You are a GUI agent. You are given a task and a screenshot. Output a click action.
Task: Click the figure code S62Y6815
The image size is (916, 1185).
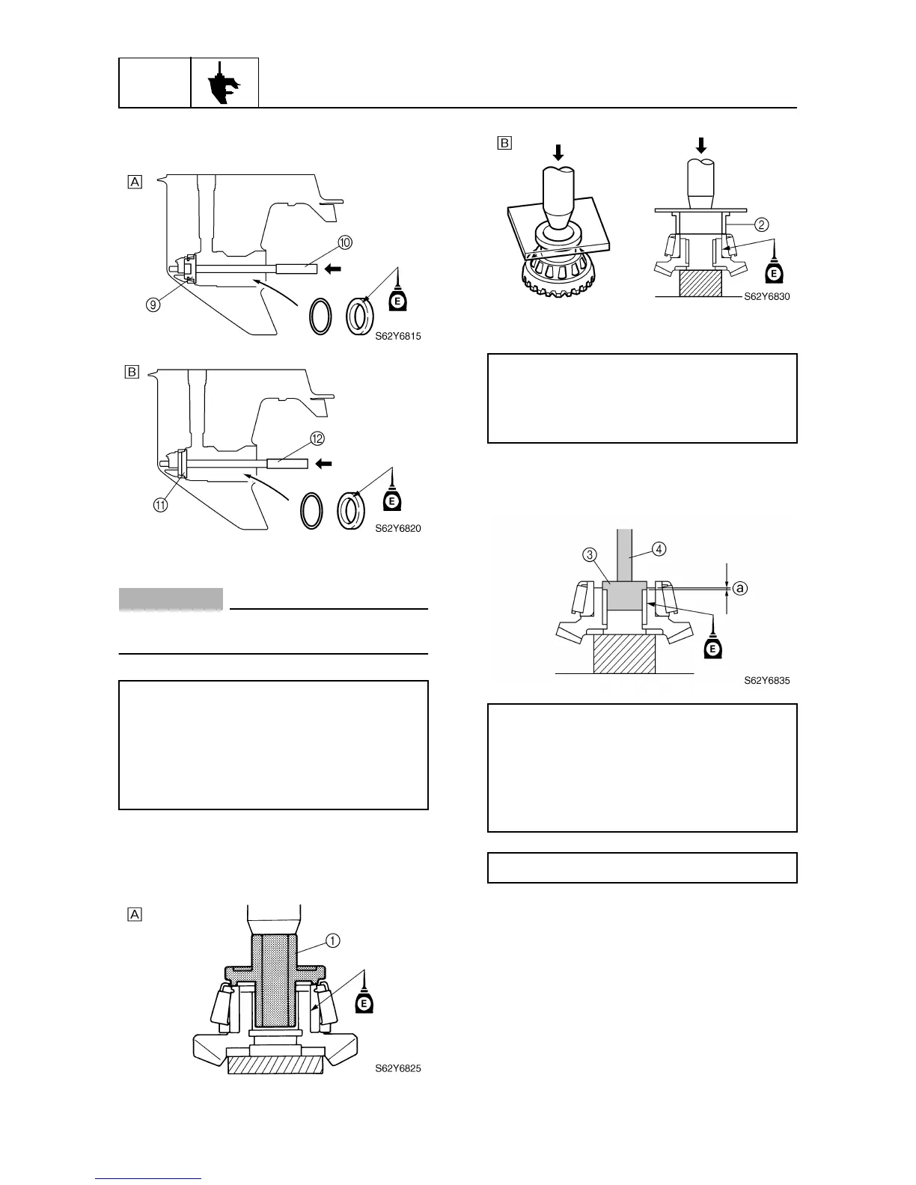(x=398, y=337)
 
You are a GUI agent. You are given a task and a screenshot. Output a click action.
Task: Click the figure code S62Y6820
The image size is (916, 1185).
(x=398, y=528)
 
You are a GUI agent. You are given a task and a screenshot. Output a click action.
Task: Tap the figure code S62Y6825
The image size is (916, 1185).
(x=398, y=1068)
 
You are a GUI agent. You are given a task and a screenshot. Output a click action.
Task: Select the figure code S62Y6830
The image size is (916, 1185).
(x=767, y=296)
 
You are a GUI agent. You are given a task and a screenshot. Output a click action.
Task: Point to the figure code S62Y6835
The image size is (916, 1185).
(x=767, y=681)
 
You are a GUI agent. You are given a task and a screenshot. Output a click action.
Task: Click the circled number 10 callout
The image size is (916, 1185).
(x=345, y=242)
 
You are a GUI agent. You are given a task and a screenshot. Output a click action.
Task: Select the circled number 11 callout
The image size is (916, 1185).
(x=162, y=504)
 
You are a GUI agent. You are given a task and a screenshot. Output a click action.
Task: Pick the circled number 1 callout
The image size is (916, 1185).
(x=332, y=940)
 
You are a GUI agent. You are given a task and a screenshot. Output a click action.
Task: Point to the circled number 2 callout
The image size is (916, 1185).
(x=760, y=224)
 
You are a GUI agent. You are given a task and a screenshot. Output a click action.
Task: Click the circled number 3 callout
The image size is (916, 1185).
(x=590, y=554)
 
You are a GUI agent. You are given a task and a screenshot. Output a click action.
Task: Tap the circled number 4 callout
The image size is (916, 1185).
(x=659, y=548)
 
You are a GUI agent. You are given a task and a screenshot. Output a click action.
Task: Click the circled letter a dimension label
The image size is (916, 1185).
(x=739, y=590)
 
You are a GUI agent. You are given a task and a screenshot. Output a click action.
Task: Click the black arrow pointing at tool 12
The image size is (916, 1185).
(x=323, y=463)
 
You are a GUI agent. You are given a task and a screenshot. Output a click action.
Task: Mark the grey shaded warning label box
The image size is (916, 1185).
(x=171, y=599)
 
